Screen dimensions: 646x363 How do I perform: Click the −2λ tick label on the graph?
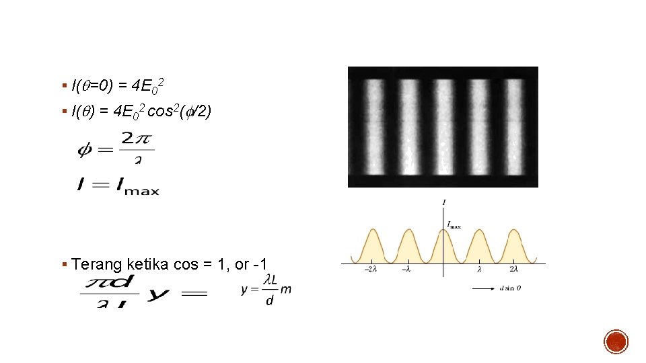[x=370, y=270]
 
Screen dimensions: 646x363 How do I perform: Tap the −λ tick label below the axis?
[x=406, y=270]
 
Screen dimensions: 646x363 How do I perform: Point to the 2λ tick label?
[x=514, y=270]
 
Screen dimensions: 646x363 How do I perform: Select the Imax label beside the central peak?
[x=454, y=225]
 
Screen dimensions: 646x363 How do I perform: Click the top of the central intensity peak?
[x=443, y=230]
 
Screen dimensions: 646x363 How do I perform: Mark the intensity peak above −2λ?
[x=371, y=231]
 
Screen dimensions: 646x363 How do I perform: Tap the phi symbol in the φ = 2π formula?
[x=85, y=149]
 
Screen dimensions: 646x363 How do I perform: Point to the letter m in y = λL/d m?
[x=286, y=288]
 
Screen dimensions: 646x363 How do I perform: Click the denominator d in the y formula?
[x=270, y=300]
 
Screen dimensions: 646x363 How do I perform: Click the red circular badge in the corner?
[x=616, y=341]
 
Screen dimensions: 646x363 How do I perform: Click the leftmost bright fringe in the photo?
[x=371, y=126]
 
